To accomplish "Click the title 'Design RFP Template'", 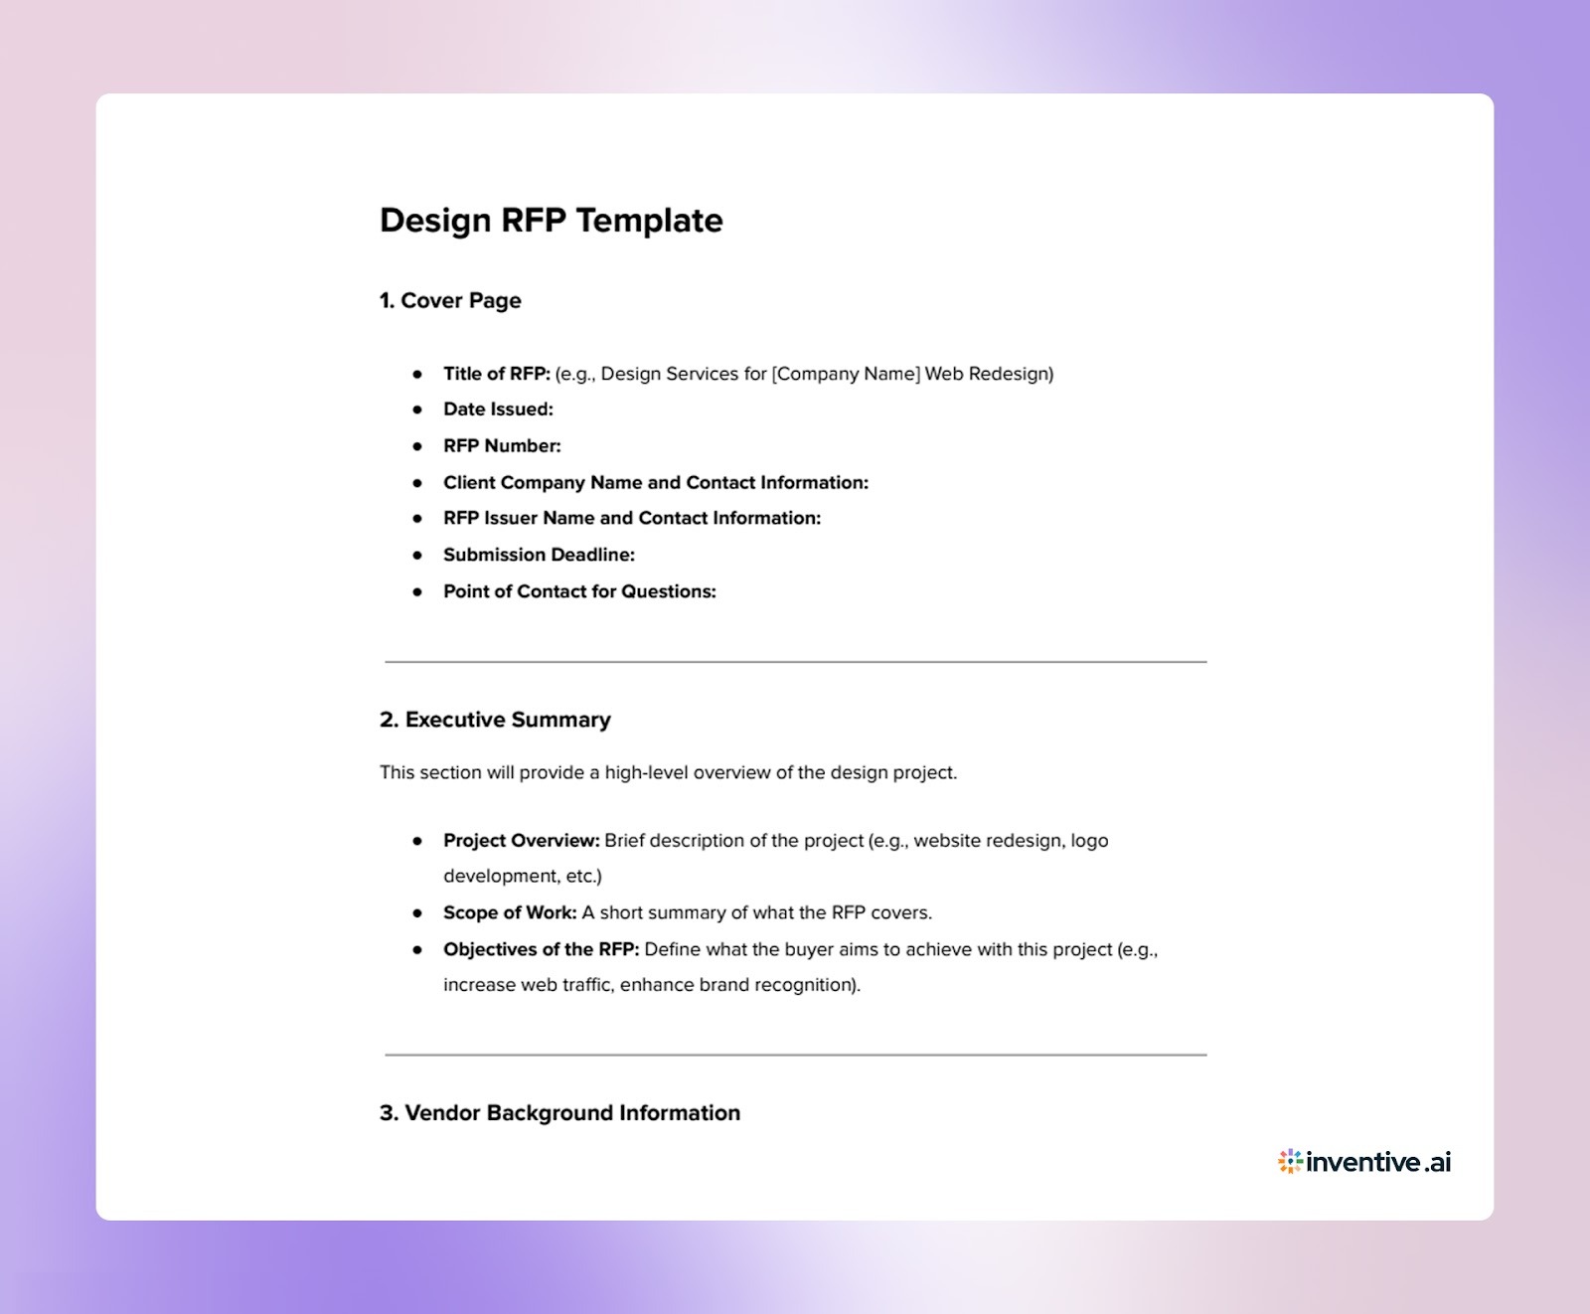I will coord(551,221).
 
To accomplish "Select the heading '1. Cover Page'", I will coord(450,300).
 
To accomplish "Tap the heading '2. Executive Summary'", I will coord(495,720).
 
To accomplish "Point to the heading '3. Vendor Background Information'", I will coord(559,1113).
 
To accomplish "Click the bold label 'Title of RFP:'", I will coord(496,374).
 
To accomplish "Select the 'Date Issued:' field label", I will coord(498,410).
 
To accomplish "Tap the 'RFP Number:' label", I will coord(502,446).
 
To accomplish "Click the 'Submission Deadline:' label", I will coord(539,555).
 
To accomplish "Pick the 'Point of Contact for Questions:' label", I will coord(579,591).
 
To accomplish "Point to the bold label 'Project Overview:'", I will coord(521,841).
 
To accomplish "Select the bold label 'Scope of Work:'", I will coord(510,912).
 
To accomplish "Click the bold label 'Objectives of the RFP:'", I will coord(541,949).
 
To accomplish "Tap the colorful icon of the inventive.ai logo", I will coord(1290,1161).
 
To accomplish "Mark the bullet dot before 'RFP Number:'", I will coord(417,446).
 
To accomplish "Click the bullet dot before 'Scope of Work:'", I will coord(417,912).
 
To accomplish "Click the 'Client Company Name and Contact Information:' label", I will coord(655,483).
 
